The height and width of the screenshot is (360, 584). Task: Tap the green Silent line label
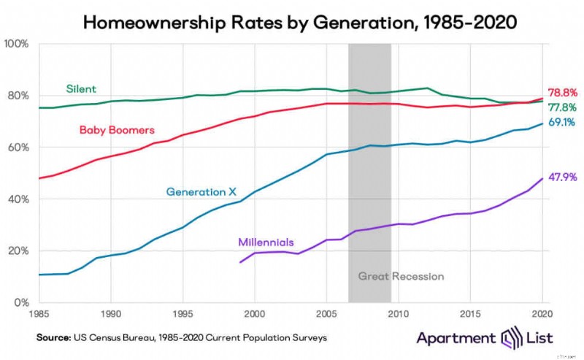81,89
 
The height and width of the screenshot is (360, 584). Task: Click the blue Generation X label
201,192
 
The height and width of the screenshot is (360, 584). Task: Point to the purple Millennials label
266,242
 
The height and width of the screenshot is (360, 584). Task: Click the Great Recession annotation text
401,276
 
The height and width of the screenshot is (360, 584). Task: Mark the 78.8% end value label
563,93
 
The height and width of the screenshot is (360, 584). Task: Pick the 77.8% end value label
563,107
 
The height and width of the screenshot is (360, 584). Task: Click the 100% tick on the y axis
17,44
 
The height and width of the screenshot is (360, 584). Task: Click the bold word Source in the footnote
53,338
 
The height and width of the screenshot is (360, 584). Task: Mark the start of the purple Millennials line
240,262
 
